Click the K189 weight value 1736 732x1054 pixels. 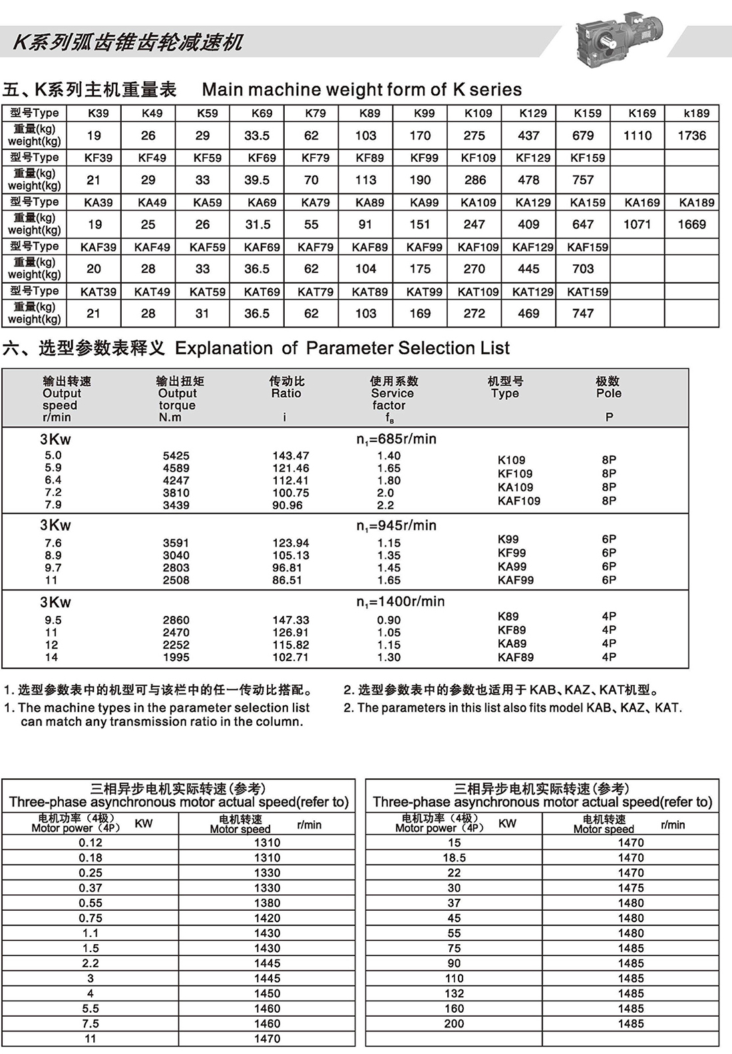tap(691, 136)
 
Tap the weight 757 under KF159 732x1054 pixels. tap(583, 180)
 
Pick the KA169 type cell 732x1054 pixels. tap(642, 202)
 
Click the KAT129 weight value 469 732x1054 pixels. tap(528, 314)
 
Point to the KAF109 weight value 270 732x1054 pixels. tap(474, 269)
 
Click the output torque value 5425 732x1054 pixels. tap(176, 456)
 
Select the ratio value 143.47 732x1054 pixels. tap(291, 456)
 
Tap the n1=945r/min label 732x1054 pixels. tap(397, 526)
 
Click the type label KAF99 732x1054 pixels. tap(516, 580)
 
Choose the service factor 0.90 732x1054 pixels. tap(389, 620)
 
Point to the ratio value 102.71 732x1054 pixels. tap(291, 657)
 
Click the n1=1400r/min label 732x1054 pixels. tap(401, 602)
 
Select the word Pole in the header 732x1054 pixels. tap(609, 394)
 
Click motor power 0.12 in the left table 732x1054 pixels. tap(91, 842)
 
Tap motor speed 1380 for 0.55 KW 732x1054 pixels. tap(267, 903)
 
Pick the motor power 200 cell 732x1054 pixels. tap(454, 1024)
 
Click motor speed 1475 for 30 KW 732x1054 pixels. tap(631, 888)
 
